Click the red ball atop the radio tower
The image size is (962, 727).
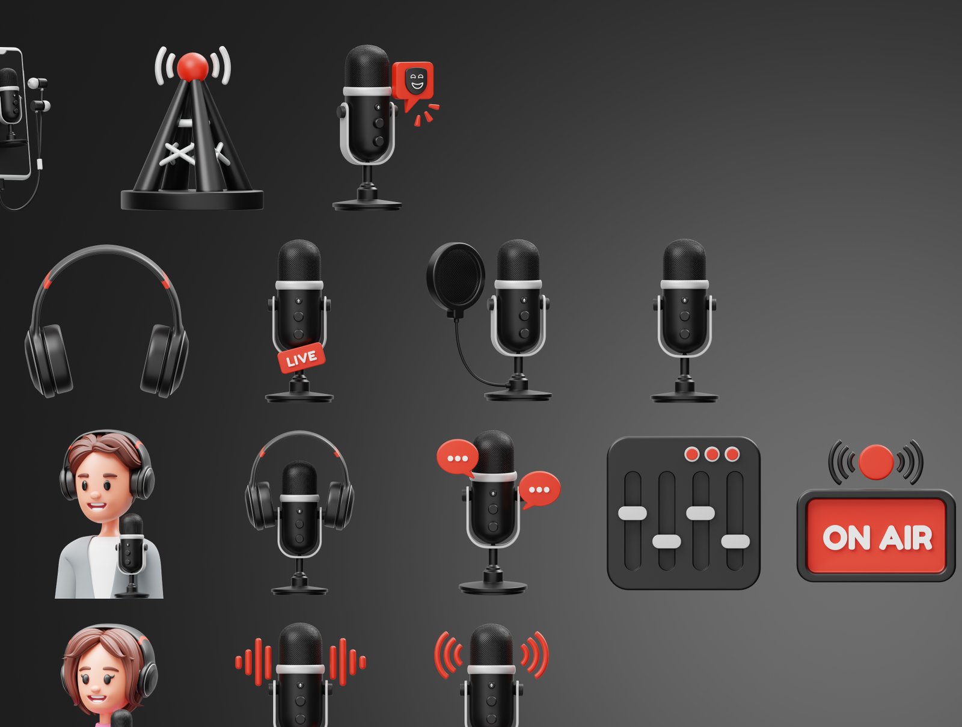point(192,67)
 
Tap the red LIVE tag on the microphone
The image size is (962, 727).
point(301,358)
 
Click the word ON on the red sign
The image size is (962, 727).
point(846,538)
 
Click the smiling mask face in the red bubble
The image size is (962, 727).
point(416,81)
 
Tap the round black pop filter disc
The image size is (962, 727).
point(456,276)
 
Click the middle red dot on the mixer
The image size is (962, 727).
point(712,454)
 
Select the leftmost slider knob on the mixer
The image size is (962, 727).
point(633,513)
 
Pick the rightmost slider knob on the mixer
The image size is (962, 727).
point(735,542)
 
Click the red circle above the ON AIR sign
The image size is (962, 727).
point(875,462)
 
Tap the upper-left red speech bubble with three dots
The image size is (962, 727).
point(457,458)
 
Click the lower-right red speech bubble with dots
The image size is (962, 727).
point(539,490)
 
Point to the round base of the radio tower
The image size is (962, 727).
point(192,200)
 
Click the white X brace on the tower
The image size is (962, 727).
point(177,154)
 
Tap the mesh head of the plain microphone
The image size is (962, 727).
point(684,260)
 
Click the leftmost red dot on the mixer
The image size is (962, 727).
point(691,454)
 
